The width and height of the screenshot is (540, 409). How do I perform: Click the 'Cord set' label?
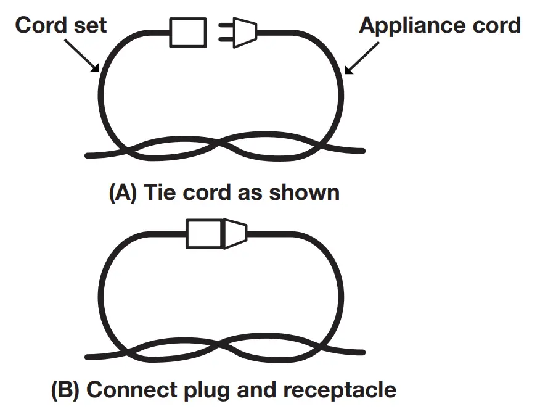tap(61, 25)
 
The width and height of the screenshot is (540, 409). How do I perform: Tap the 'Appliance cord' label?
tap(440, 25)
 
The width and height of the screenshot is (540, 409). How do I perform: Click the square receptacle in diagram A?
tap(188, 31)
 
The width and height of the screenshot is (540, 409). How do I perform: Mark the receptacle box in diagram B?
tap(204, 233)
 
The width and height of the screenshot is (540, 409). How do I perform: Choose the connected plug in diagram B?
tap(234, 233)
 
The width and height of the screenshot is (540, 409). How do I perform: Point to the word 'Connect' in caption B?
tap(127, 389)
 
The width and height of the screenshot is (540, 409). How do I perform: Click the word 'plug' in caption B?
tap(202, 390)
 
